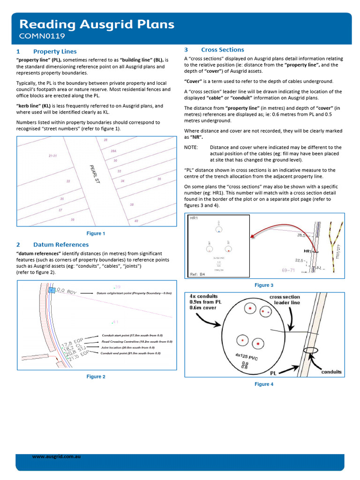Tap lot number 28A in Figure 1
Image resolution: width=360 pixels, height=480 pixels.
click(113, 151)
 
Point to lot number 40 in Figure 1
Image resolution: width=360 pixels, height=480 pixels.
click(136, 221)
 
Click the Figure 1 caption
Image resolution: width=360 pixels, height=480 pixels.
click(96, 233)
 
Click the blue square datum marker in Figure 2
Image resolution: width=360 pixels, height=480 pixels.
click(52, 291)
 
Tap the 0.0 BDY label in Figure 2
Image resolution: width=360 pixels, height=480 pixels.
click(66, 292)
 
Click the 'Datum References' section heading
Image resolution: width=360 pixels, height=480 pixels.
click(60, 245)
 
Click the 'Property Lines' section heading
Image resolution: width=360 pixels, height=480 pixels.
click(55, 52)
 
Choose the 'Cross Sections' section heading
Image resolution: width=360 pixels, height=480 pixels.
click(222, 50)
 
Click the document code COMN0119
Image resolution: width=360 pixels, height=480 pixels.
click(42, 36)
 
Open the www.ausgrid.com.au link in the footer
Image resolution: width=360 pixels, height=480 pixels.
click(56, 456)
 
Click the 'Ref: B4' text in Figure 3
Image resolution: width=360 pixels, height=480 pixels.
click(197, 274)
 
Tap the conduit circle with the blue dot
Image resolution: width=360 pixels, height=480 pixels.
click(219, 229)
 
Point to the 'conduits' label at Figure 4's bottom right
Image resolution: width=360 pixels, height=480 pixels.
click(331, 372)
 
